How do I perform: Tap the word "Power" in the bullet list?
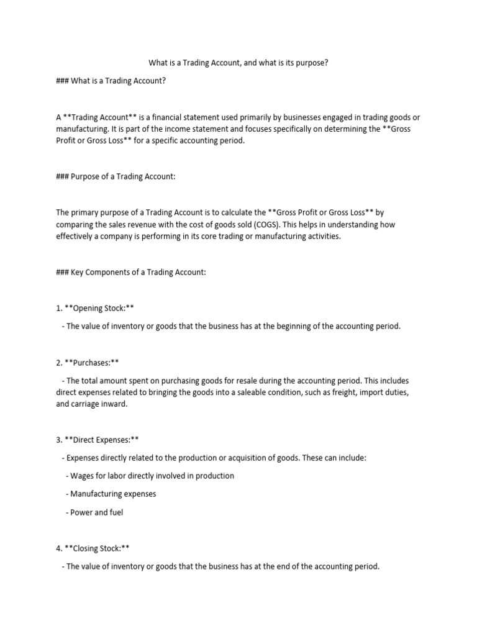tap(81, 512)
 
